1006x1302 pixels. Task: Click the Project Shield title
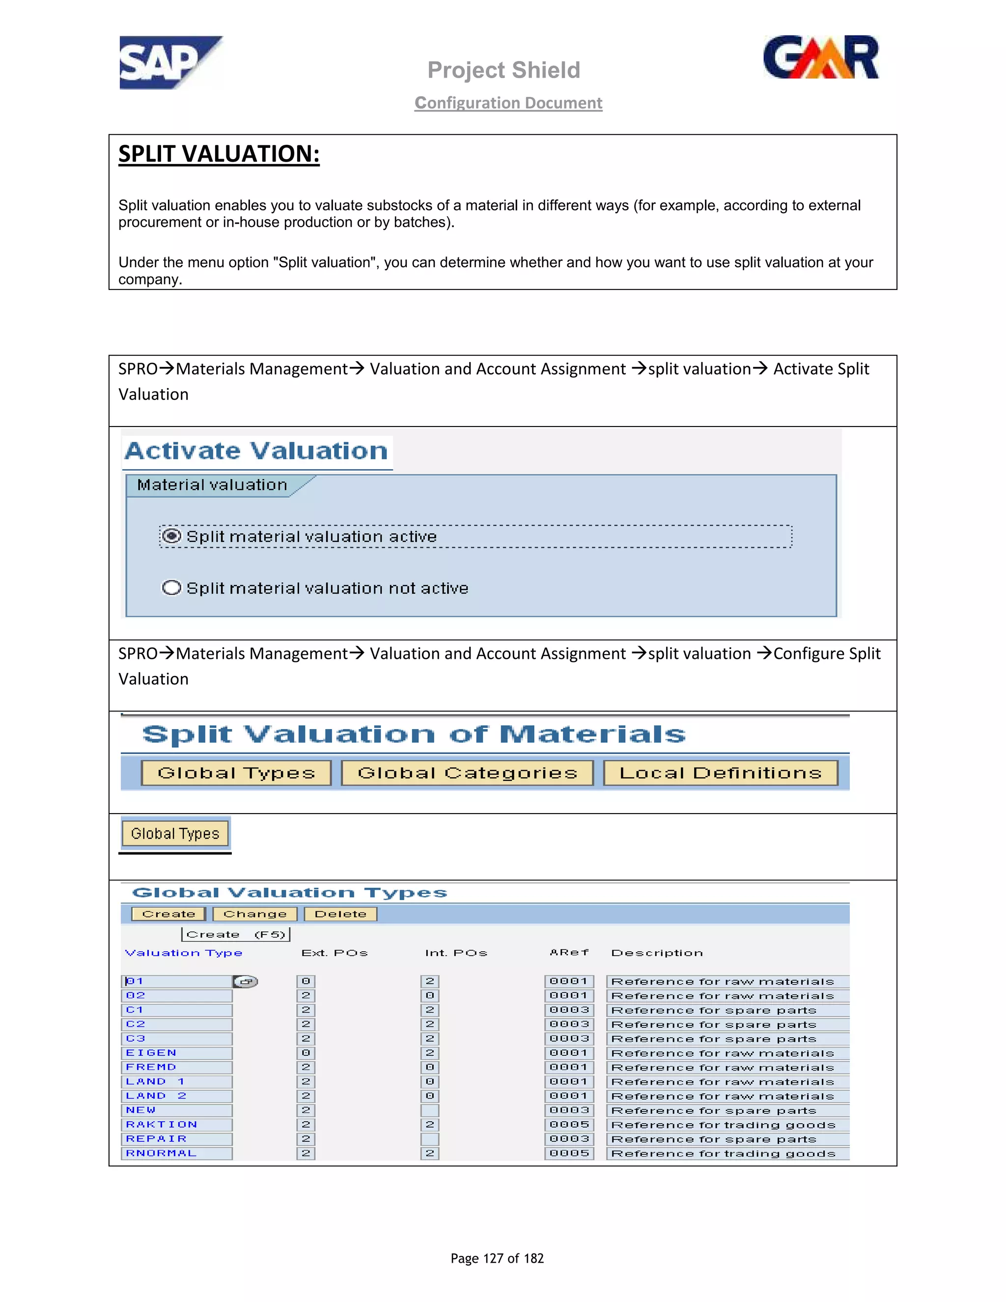click(x=503, y=70)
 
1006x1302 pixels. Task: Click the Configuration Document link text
click(x=508, y=103)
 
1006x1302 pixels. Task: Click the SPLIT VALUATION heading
click(x=219, y=154)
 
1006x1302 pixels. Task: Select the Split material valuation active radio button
click(x=171, y=536)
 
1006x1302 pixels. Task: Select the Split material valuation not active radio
click(x=171, y=588)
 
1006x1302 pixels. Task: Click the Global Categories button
click(x=467, y=773)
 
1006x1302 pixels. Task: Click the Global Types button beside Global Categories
click(x=236, y=773)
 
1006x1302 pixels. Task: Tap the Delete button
click(x=340, y=914)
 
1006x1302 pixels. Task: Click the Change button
click(x=254, y=914)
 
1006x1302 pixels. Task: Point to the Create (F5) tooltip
click(x=235, y=934)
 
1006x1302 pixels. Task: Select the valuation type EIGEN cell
click(x=177, y=1053)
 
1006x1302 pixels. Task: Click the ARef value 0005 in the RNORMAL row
click(x=569, y=1153)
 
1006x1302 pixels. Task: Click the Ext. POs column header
click(x=335, y=953)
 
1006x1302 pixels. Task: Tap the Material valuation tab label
click(x=212, y=484)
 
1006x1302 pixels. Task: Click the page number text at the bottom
click(x=497, y=1258)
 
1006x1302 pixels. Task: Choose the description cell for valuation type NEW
click(x=727, y=1110)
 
